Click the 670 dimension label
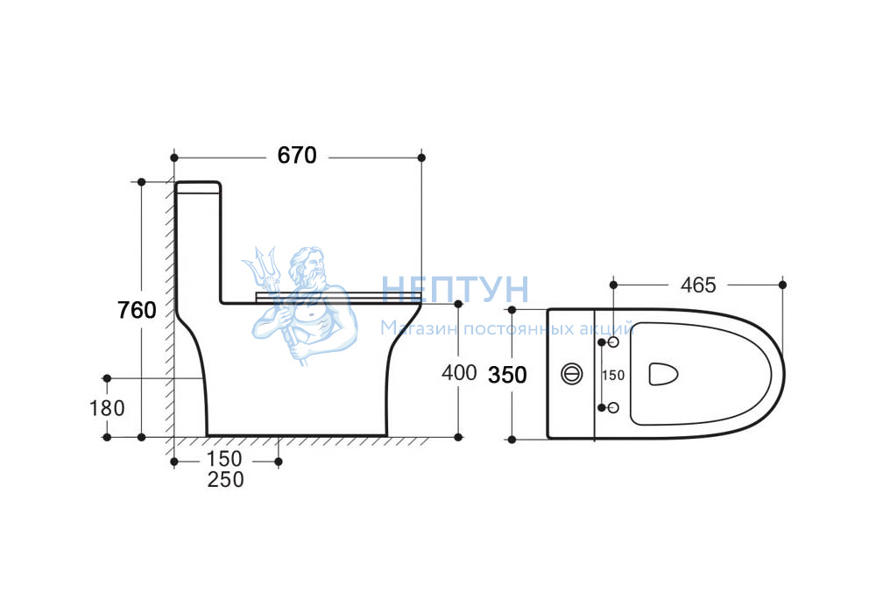pyautogui.click(x=297, y=155)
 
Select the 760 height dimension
pyautogui.click(x=137, y=310)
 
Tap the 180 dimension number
pyautogui.click(x=107, y=408)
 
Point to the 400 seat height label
pyautogui.click(x=459, y=372)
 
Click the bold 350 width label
pyautogui.click(x=507, y=375)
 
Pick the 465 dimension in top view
pyautogui.click(x=698, y=285)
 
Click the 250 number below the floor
pyautogui.click(x=226, y=479)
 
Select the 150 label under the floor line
pyautogui.click(x=224, y=458)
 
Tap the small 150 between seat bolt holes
pyautogui.click(x=613, y=375)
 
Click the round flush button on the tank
pyautogui.click(x=571, y=374)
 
